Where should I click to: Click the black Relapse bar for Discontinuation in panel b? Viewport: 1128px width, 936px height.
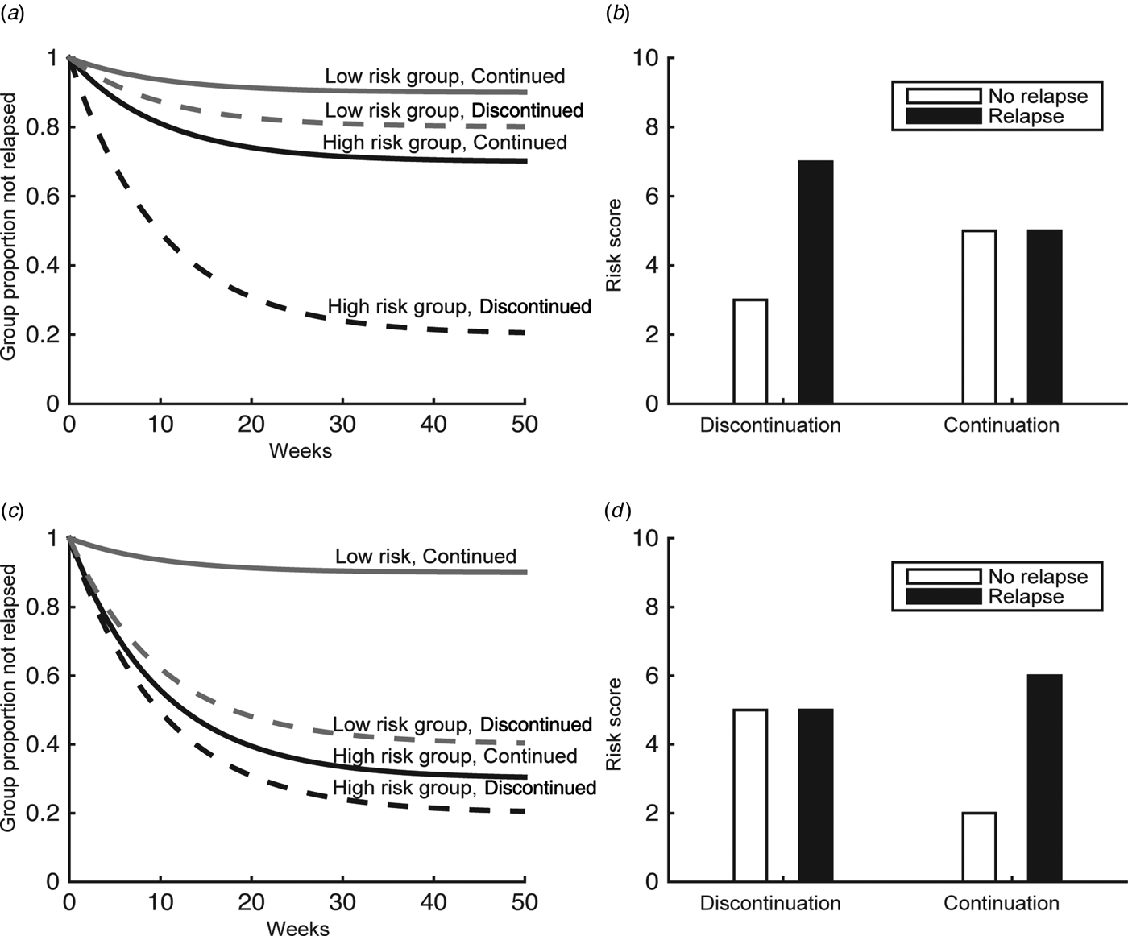point(815,282)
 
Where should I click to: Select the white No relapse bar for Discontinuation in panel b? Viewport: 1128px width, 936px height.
point(750,351)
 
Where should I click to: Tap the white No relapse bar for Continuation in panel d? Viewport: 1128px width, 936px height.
point(979,847)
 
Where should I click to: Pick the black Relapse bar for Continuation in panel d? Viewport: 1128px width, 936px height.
point(1044,778)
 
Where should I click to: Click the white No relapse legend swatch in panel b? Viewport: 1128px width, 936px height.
point(943,97)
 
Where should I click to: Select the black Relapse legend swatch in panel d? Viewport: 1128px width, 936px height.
point(943,597)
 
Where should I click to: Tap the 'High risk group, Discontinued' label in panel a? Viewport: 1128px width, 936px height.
point(459,307)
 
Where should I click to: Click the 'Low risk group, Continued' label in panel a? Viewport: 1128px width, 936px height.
point(445,77)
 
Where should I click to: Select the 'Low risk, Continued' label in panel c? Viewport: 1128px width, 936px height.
point(425,557)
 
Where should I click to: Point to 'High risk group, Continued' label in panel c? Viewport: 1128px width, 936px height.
point(455,756)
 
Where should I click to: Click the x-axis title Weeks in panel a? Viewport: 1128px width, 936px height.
point(300,450)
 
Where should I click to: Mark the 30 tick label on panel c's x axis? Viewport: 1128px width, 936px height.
point(342,902)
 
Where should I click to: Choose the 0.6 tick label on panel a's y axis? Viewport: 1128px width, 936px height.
point(42,197)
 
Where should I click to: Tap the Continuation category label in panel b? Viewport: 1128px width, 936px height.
point(1002,425)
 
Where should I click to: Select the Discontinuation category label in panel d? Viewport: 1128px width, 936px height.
point(770,904)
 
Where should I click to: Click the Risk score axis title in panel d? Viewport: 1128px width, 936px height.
point(615,724)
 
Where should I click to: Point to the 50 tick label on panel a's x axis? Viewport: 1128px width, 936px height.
point(525,425)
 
